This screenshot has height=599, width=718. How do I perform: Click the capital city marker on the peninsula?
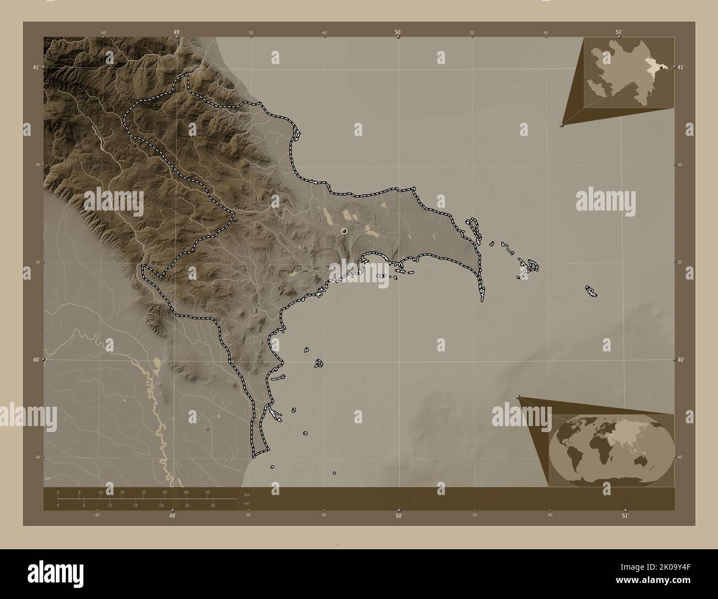pyautogui.click(x=344, y=231)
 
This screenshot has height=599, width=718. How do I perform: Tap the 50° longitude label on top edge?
pyautogui.click(x=398, y=32)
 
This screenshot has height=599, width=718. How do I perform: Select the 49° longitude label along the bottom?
pyautogui.click(x=173, y=516)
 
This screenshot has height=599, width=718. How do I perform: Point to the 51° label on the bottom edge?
pyautogui.click(x=625, y=516)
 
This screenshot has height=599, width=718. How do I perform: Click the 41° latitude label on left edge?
pyautogui.click(x=36, y=67)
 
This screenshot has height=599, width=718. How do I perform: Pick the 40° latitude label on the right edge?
pyautogui.click(x=682, y=360)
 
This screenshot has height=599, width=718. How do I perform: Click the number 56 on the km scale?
pyautogui.click(x=208, y=492)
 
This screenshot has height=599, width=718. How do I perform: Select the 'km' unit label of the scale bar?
pyautogui.click(x=246, y=495)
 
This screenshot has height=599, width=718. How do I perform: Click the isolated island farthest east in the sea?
pyautogui.click(x=592, y=291)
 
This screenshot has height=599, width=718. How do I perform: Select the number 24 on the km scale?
pyautogui.click(x=122, y=492)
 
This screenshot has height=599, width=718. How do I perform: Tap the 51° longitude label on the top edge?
pyautogui.click(x=619, y=32)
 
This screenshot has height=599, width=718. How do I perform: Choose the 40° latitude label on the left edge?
pyautogui.click(x=36, y=360)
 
